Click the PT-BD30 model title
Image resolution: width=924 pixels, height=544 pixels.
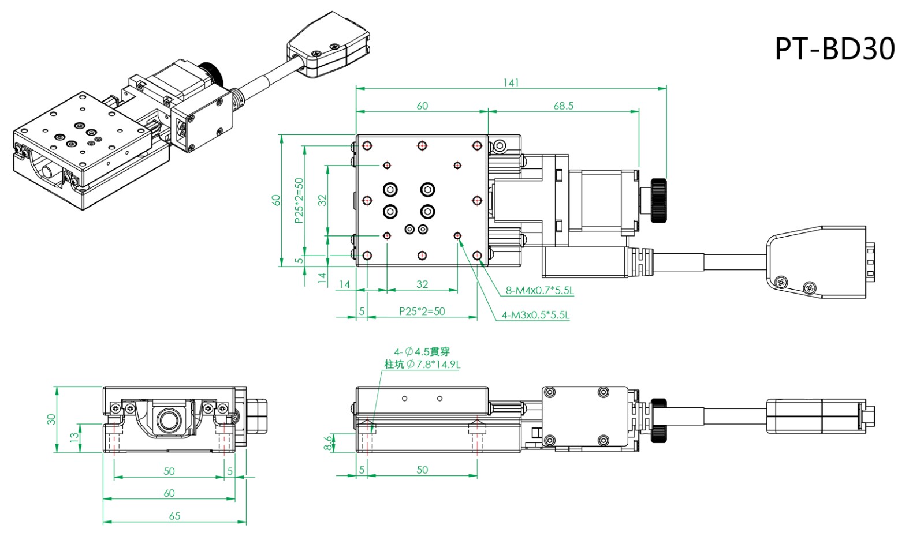(834, 48)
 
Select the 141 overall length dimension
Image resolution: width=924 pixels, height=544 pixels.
(511, 82)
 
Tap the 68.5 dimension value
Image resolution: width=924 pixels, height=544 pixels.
(563, 106)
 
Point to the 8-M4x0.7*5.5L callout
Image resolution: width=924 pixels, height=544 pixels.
(539, 291)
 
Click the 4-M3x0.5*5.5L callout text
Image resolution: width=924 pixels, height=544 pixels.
(535, 315)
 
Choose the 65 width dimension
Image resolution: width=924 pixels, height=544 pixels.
(174, 516)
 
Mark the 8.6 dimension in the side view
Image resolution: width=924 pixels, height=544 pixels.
(329, 442)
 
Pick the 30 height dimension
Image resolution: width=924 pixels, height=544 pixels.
(51, 419)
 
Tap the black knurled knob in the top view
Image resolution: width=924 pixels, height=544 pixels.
(658, 201)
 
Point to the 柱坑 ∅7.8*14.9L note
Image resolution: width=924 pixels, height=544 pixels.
(422, 365)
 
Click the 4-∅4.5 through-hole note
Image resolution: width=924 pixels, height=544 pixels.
(422, 351)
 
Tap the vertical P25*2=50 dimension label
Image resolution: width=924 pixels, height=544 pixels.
(299, 200)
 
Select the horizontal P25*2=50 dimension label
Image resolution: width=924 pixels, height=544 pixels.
(422, 312)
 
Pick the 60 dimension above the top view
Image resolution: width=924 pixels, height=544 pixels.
(422, 106)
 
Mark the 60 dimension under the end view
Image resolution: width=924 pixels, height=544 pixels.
(169, 493)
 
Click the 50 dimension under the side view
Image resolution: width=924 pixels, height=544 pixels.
(422, 470)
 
